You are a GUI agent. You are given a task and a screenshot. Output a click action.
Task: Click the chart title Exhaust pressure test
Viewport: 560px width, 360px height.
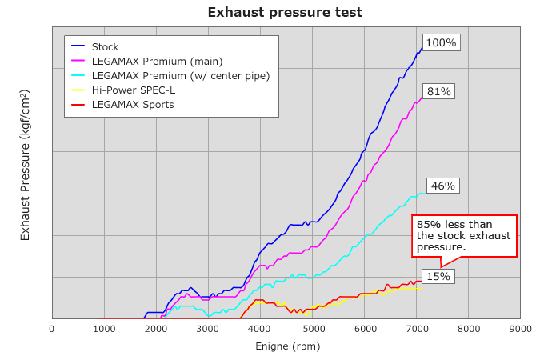[x=285, y=12]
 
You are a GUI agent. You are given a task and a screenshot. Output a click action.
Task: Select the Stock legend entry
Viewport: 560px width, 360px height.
[x=105, y=47]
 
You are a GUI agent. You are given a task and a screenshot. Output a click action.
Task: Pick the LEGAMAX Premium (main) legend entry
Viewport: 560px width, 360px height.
[x=157, y=62]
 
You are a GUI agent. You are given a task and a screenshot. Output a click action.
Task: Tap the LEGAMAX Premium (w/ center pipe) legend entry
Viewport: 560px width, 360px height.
[x=181, y=76]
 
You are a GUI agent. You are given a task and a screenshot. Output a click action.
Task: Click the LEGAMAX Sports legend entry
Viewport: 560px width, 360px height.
[x=133, y=105]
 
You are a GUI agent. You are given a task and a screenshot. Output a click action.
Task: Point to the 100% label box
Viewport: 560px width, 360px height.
[x=441, y=43]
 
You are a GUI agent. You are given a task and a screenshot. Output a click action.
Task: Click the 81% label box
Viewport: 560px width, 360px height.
[x=438, y=92]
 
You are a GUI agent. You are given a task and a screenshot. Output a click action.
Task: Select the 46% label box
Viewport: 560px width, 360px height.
[x=442, y=186]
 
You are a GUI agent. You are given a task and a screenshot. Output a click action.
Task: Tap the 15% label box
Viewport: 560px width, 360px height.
[x=438, y=277]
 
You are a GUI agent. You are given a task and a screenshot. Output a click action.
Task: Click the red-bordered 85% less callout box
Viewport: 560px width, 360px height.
[x=464, y=235]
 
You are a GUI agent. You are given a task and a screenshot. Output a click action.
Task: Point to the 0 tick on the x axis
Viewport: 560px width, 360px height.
[x=52, y=328]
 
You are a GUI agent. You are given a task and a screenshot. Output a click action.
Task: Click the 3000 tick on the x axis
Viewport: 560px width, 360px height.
[x=208, y=328]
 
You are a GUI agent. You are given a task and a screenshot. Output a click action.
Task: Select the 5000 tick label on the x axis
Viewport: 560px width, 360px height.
[x=312, y=328]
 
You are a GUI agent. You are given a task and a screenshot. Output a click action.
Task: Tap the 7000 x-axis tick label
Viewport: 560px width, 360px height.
[x=416, y=328]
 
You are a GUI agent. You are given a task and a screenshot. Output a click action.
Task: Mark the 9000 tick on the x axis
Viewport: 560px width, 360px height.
[x=520, y=328]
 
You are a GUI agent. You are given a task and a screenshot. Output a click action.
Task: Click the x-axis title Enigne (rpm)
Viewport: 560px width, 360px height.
[x=287, y=346]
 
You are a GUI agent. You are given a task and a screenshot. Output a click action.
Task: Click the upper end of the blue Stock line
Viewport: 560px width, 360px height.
[x=422, y=47]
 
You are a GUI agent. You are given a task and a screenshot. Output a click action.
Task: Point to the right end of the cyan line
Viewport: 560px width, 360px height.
[x=424, y=193]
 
